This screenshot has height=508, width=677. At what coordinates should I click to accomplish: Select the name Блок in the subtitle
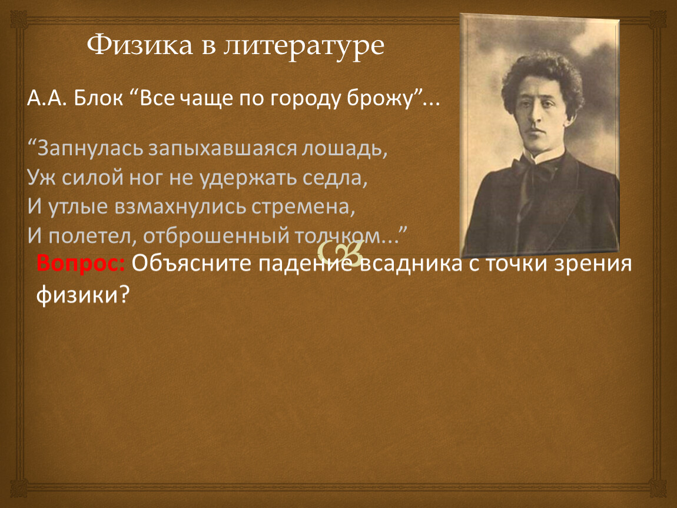click(98, 98)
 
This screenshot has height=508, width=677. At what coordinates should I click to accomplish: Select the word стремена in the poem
click(303, 207)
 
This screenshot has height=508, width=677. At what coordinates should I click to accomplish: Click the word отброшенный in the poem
click(216, 235)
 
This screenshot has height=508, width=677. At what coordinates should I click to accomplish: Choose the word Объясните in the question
click(192, 263)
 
